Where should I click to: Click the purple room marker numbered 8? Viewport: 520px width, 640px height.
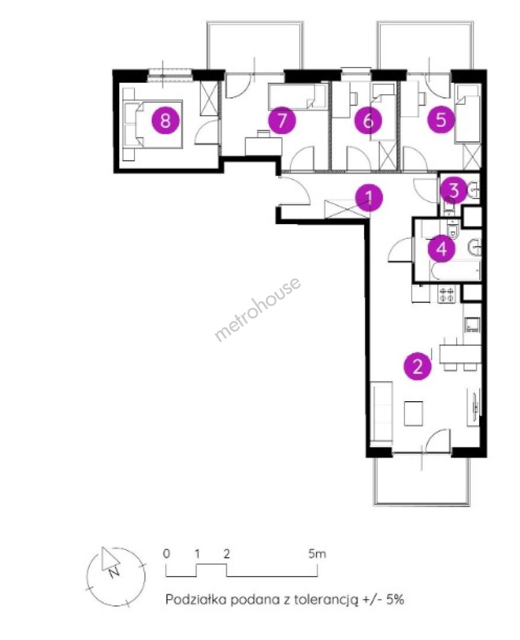click(165, 120)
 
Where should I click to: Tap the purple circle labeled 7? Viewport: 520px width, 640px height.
click(282, 120)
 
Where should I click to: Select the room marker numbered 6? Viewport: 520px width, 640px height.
click(368, 120)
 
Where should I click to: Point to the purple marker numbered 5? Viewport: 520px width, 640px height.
click(441, 120)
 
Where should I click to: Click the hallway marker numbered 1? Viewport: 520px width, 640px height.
click(369, 198)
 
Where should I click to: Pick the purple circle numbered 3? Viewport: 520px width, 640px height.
click(454, 190)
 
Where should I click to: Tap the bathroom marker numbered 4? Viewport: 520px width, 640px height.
click(442, 248)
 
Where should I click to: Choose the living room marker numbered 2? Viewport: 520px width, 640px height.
click(418, 366)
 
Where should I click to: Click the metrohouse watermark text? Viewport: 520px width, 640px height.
click(258, 309)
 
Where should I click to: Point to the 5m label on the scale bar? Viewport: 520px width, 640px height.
click(317, 554)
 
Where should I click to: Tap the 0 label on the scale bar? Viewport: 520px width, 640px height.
click(166, 554)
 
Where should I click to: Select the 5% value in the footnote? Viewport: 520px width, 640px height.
click(395, 599)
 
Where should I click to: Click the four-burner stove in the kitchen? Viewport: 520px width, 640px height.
click(446, 295)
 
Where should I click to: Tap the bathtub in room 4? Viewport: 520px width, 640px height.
click(455, 271)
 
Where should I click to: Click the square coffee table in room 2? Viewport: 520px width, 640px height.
click(413, 414)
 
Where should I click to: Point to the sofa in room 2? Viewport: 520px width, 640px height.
click(382, 412)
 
